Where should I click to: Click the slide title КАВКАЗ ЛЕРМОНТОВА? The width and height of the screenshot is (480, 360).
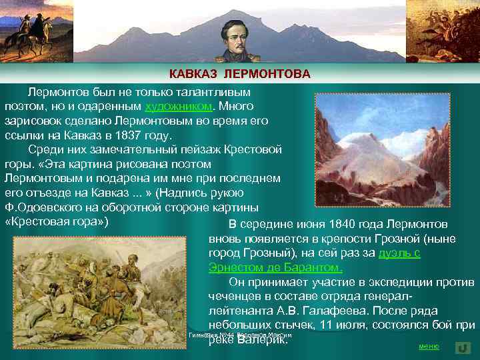239,73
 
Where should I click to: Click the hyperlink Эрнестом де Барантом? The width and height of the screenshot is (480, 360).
275,268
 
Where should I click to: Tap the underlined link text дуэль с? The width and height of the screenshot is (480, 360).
399,253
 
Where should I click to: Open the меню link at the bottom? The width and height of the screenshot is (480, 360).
428,347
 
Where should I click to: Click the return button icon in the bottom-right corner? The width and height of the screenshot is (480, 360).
463,347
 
